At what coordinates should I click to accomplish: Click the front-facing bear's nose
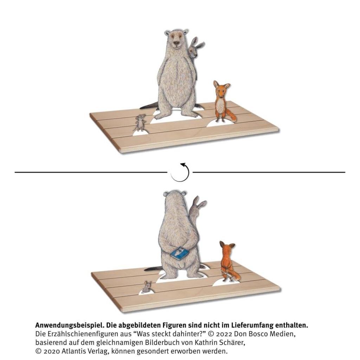(x=176, y=43)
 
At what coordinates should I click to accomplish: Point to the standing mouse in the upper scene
(x=140, y=123)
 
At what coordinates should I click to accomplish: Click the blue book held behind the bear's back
(x=179, y=253)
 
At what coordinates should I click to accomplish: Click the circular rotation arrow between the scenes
(x=180, y=172)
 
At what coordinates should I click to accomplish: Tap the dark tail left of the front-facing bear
(x=149, y=105)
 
